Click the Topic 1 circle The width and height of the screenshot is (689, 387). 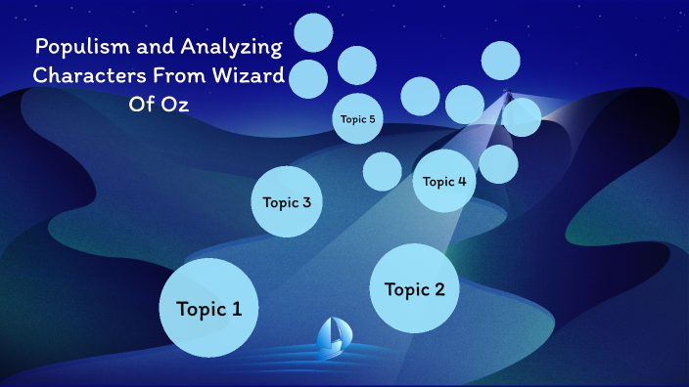[208, 308]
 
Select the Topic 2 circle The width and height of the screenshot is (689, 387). [415, 288]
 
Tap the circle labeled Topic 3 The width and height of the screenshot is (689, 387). [287, 202]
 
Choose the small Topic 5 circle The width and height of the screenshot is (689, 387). [357, 119]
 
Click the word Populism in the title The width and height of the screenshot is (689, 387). [78, 46]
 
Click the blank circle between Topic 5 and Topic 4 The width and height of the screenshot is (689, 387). [382, 171]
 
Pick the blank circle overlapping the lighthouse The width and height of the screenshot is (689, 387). [521, 116]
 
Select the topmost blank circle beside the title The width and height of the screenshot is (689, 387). [314, 33]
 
